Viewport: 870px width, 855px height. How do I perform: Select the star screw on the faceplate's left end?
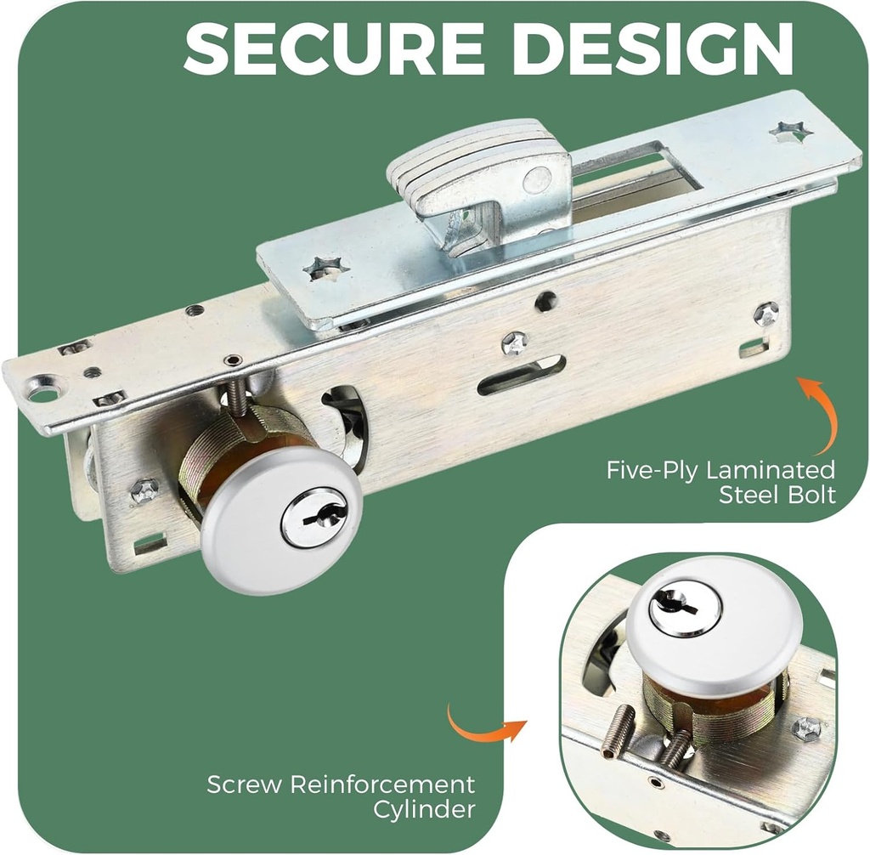[x=327, y=268]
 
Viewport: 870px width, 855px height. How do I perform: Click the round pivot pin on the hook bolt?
[x=536, y=178]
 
